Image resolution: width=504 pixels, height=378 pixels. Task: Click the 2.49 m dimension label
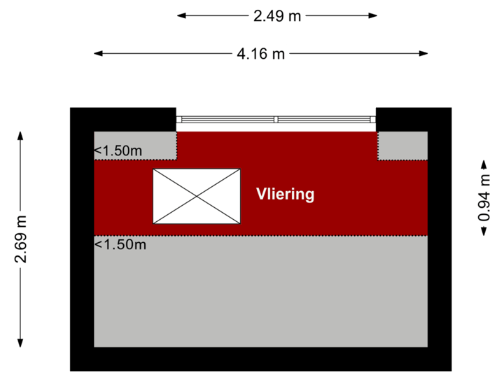point(277,15)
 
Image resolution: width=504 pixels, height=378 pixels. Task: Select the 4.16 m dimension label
point(260,53)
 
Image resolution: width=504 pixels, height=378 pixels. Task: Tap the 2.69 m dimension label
point(21,240)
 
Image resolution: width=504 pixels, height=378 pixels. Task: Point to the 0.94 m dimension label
point(483,202)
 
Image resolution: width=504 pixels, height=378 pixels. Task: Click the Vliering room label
point(285,195)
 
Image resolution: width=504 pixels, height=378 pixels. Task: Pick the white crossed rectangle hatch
point(197,197)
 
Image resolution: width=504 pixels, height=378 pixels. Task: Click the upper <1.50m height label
point(118,150)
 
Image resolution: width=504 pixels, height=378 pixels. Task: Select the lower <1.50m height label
point(120,244)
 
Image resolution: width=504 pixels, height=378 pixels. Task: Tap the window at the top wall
point(276,119)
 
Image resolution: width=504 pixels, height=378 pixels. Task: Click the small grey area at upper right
point(402,146)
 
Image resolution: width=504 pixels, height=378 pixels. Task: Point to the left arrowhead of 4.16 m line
point(97,53)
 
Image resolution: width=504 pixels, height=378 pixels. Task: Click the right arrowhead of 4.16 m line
point(425,53)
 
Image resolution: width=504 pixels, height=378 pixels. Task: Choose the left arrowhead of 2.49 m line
point(179,15)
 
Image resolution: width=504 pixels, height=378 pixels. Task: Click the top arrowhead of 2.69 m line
point(21,134)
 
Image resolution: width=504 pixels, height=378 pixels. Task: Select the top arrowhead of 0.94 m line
point(483,170)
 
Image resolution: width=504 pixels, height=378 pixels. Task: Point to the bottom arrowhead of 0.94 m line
point(483,233)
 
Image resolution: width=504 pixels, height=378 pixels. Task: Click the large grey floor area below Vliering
point(260,294)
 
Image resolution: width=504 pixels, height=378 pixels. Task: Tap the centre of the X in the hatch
point(197,197)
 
